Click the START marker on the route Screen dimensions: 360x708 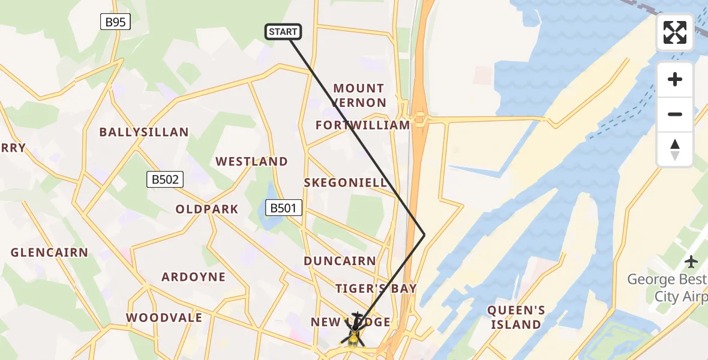click(283, 32)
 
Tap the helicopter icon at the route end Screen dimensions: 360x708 click(355, 331)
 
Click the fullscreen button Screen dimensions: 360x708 click(675, 32)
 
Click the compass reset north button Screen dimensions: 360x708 click(675, 149)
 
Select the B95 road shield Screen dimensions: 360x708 click(115, 22)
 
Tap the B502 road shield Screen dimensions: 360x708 click(164, 179)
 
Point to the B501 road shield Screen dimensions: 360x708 click(284, 208)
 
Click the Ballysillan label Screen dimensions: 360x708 click(144, 132)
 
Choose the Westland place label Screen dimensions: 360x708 click(252, 161)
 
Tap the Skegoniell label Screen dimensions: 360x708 click(346, 183)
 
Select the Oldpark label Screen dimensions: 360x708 click(207, 209)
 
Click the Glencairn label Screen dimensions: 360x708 click(49, 253)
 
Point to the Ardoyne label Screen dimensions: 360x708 click(194, 277)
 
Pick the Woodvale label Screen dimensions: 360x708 click(164, 317)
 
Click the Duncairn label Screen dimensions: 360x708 click(340, 261)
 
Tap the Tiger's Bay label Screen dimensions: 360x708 click(376, 289)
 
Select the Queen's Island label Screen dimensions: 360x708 click(516, 317)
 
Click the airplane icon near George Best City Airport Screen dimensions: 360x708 click(692, 262)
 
